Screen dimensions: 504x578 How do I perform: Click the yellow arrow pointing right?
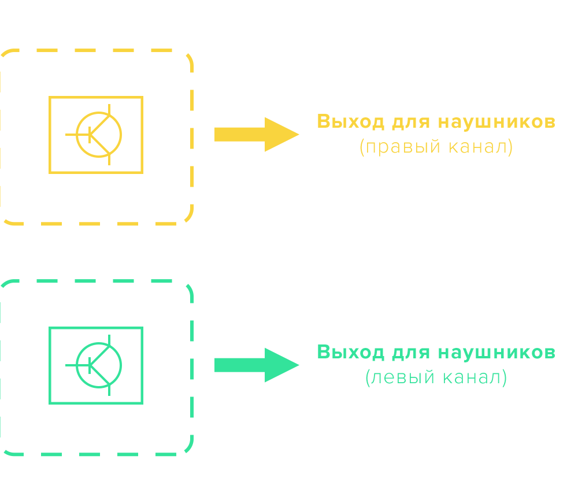[254, 134]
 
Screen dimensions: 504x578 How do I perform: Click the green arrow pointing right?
[254, 365]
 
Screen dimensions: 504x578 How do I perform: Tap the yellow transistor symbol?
[99, 135]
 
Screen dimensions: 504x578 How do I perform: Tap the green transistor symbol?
[99, 365]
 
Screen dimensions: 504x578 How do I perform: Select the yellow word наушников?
[497, 122]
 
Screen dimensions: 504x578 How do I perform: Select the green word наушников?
[497, 352]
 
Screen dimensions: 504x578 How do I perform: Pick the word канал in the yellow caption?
[477, 147]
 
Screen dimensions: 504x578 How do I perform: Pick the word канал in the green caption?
[472, 378]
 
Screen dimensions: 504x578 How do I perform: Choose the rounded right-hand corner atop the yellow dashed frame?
[186, 58]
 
